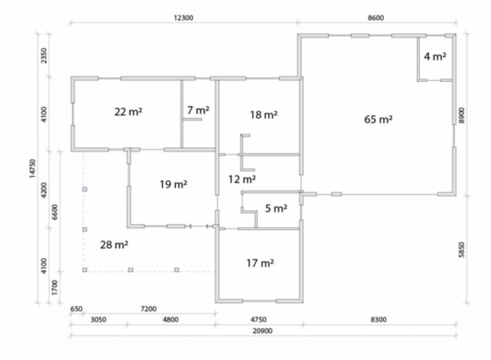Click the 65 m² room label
pos(378,119)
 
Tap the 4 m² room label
pos(435,56)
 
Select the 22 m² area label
pos(128,111)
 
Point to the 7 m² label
pos(198,110)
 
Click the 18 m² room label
pos(264,115)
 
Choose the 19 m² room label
pos(173,184)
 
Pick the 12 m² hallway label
pos(242,179)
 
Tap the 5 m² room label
pos(277,208)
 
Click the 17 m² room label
pos(260,263)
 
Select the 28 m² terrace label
pos(114,245)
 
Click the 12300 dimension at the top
pos(183,18)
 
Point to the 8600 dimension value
pos(376,18)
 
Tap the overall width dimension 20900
pos(263,331)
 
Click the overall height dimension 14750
pos(33,169)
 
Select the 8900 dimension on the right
pos(462,115)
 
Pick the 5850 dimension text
pos(462,250)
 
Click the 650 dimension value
pos(76,309)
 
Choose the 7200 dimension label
pos(148,309)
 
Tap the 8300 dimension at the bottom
pos(379,320)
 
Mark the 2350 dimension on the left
pos(44,56)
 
